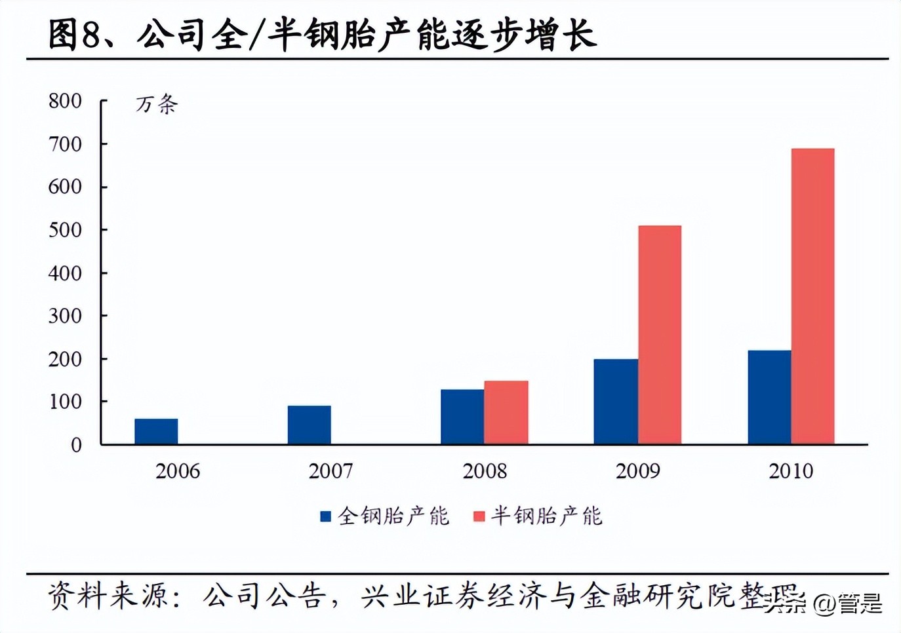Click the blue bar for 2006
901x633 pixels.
pyautogui.click(x=156, y=431)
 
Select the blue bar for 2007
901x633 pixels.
pyautogui.click(x=309, y=425)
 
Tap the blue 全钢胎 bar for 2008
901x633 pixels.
pyautogui.click(x=462, y=417)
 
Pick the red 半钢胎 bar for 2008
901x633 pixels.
pyautogui.click(x=506, y=412)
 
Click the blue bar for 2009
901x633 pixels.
pyautogui.click(x=616, y=401)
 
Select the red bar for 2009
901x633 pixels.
pyautogui.click(x=660, y=335)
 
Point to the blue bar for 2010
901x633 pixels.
pyautogui.click(x=769, y=397)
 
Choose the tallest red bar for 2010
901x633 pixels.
pyautogui.click(x=813, y=296)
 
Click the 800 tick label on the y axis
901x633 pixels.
pyautogui.click(x=65, y=101)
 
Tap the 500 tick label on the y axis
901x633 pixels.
pyautogui.click(x=65, y=230)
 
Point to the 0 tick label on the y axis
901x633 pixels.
pyautogui.click(x=76, y=445)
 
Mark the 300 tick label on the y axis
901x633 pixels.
pyautogui.click(x=65, y=316)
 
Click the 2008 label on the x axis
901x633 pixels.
pyautogui.click(x=485, y=470)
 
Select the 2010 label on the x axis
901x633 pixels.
pyautogui.click(x=791, y=470)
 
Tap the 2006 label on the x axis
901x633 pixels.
pyautogui.click(x=178, y=470)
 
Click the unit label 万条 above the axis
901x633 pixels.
pyautogui.click(x=157, y=104)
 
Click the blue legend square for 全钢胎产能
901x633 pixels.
pyautogui.click(x=325, y=516)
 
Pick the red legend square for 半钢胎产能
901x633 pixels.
pyautogui.click(x=479, y=516)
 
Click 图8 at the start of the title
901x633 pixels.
pyautogui.click(x=73, y=34)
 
